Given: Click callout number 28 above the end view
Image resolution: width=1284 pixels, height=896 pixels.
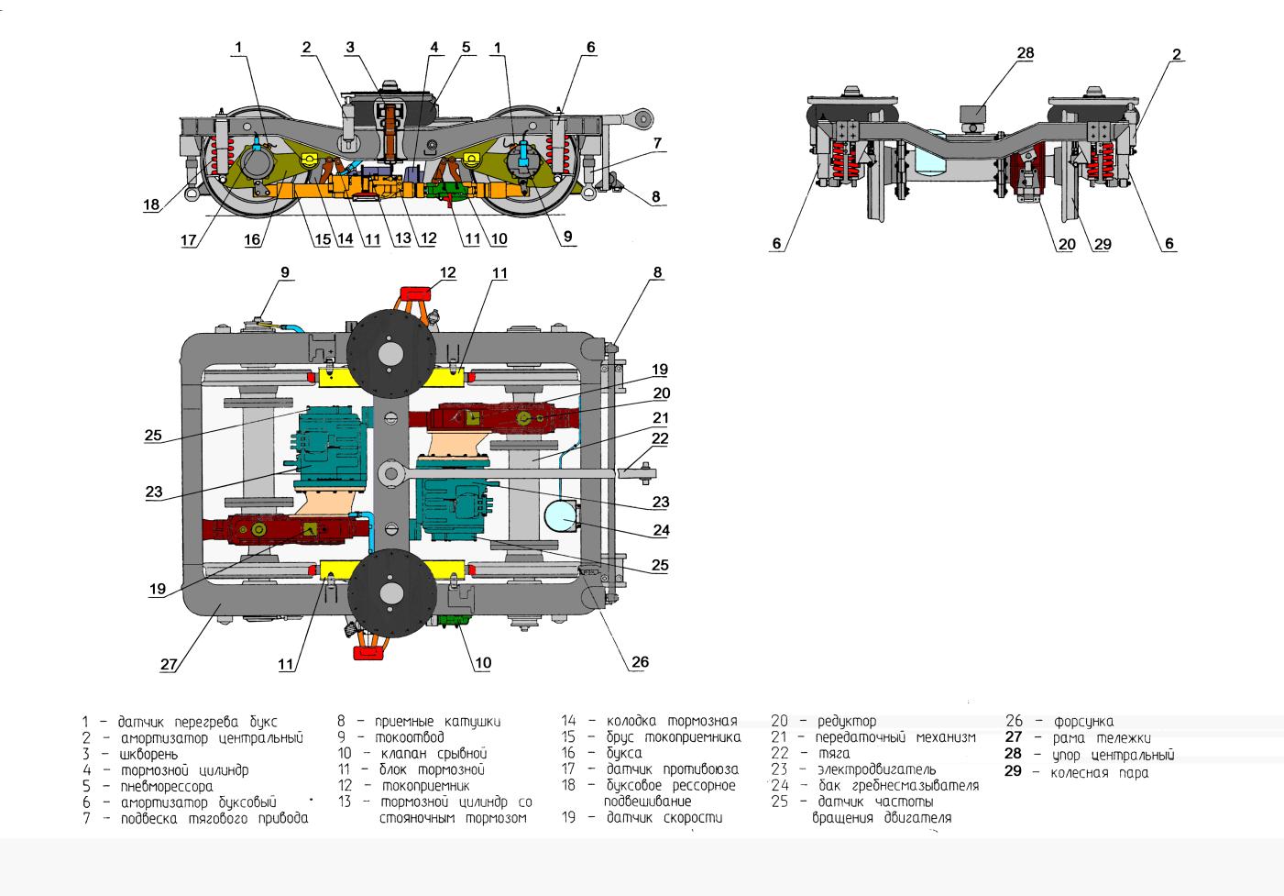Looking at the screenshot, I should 1025,53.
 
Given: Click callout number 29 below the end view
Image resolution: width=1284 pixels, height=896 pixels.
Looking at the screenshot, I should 1102,244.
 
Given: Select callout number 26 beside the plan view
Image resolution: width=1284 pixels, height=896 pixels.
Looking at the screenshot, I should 640,662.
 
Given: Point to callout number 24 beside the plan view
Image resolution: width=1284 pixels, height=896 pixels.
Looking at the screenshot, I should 660,529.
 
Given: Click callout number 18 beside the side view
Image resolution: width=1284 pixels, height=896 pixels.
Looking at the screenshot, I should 151,206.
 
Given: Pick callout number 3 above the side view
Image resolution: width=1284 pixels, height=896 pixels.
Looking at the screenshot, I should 350,47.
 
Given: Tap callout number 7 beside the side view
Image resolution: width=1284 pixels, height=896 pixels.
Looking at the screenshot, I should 657,144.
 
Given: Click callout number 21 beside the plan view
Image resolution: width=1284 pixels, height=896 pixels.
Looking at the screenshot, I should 660,417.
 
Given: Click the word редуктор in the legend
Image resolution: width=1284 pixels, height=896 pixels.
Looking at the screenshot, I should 847,722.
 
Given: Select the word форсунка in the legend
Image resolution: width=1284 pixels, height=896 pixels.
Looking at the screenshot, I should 1083,722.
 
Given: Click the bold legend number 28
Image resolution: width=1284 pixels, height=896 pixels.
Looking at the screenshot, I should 1013,755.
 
